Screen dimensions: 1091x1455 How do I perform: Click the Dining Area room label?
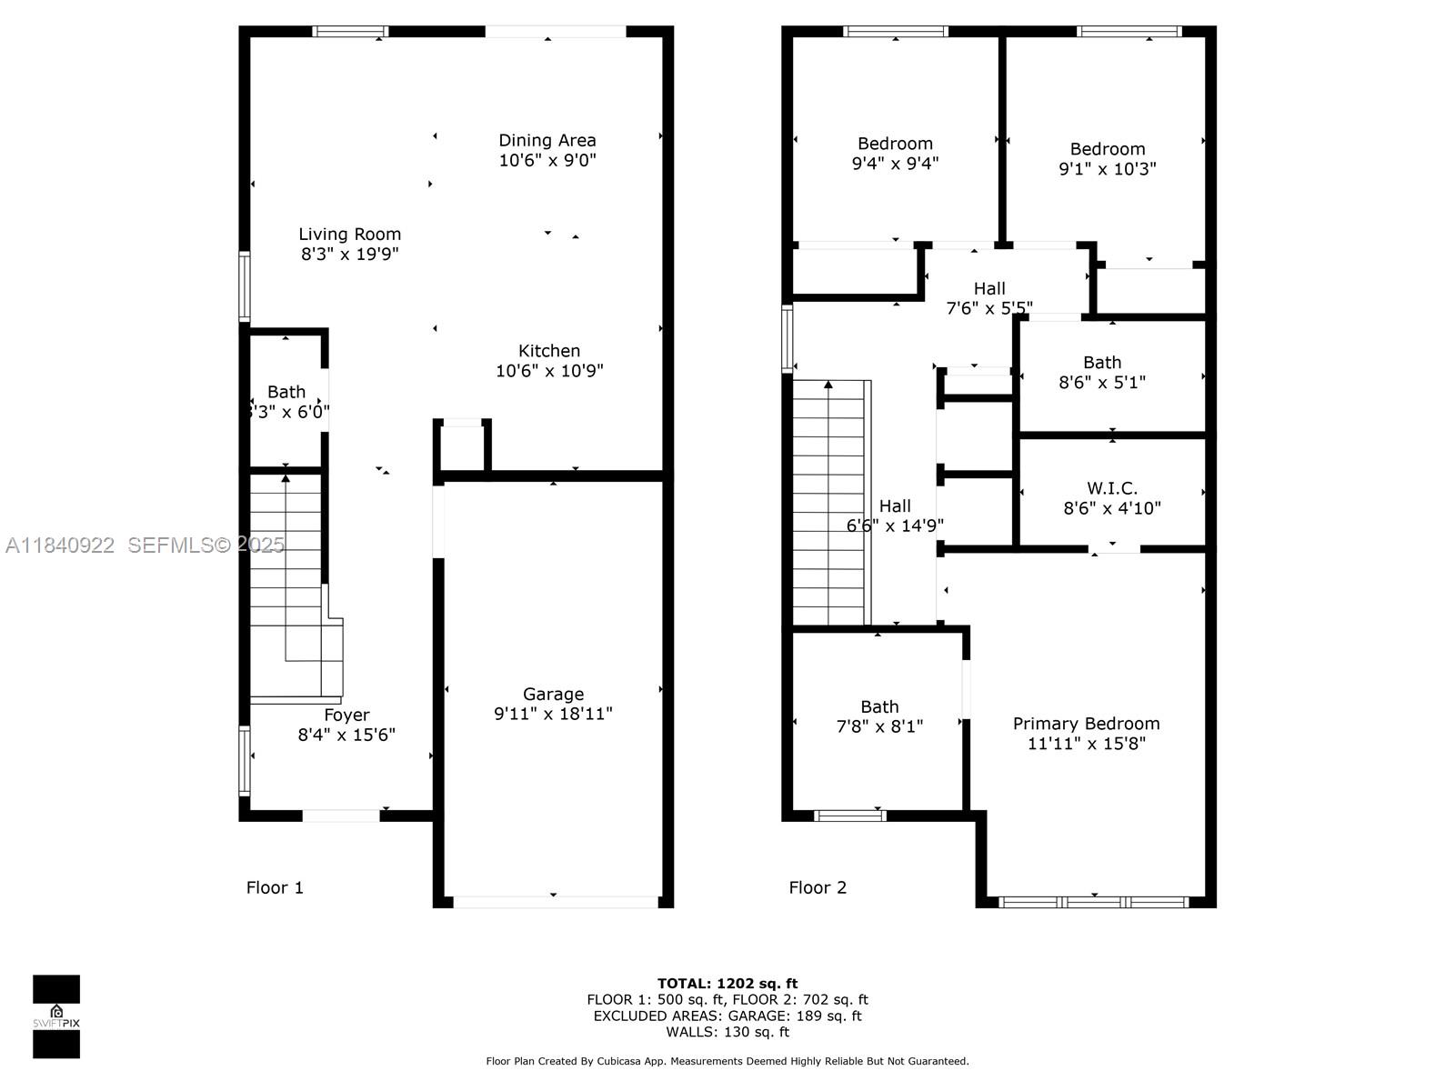[x=547, y=140]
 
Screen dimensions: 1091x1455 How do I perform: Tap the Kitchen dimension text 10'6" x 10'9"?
[x=549, y=371]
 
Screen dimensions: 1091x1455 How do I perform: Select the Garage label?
[x=553, y=694]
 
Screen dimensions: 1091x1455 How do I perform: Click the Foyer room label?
[x=346, y=715]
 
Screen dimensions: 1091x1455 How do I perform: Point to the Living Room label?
[x=349, y=234]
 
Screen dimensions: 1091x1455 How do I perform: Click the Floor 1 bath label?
[x=286, y=392]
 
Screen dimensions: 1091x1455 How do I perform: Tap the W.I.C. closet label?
[x=1111, y=488]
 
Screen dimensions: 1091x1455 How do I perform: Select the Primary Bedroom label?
[x=1086, y=724]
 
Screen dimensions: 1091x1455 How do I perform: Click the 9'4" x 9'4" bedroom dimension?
[x=895, y=164]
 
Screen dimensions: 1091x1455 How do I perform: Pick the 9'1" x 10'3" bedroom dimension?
[x=1107, y=169]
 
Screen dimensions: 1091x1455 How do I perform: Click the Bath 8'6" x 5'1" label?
[x=1101, y=363]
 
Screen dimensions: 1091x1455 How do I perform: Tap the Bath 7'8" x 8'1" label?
[x=879, y=706]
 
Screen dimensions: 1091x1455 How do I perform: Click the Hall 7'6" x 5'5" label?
[x=988, y=288]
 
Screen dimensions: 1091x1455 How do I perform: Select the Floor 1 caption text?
[x=275, y=887]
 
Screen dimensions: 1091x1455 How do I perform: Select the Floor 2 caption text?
[x=818, y=887]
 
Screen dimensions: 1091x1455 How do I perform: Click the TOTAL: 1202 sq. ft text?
[x=727, y=983]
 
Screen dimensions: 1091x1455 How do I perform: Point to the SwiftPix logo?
[x=56, y=1016]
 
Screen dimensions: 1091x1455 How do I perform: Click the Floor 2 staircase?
[x=829, y=505]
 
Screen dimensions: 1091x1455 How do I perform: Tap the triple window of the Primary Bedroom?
[x=1093, y=902]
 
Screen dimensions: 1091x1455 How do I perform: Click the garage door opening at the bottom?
[x=555, y=902]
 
